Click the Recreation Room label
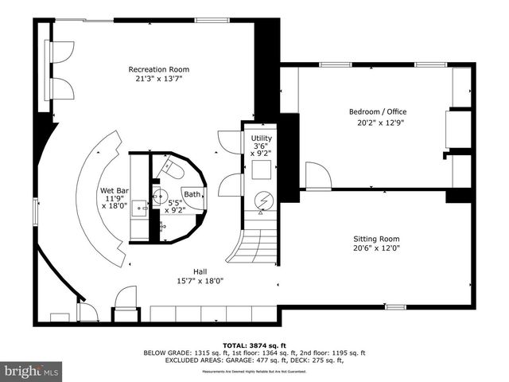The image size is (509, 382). [159, 69]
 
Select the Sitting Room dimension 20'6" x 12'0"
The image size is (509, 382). [376, 248]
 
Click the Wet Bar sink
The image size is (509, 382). [140, 209]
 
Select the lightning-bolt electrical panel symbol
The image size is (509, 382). [262, 201]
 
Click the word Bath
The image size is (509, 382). [192, 194]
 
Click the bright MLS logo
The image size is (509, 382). [31, 371]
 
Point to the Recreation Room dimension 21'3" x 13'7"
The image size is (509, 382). [159, 79]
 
